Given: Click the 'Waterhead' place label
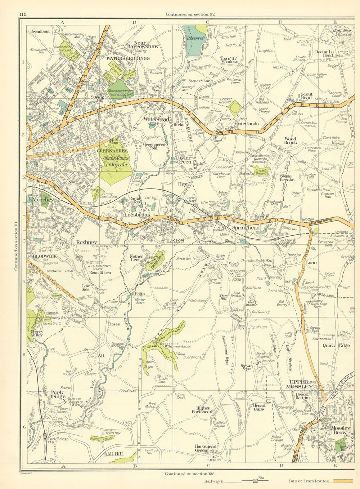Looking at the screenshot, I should [x=157, y=119].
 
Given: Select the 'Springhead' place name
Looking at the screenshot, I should [x=246, y=228].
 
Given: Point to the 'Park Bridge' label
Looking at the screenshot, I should [x=57, y=395].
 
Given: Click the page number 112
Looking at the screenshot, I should [x=23, y=14].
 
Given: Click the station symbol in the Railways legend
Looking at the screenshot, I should [x=255, y=481].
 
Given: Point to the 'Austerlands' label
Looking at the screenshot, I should [x=246, y=124].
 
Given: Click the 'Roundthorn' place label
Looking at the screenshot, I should [x=100, y=273].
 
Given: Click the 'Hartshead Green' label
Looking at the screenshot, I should [x=206, y=448].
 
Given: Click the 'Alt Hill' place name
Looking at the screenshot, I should [x=115, y=454].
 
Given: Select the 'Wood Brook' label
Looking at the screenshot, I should [x=290, y=141].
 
